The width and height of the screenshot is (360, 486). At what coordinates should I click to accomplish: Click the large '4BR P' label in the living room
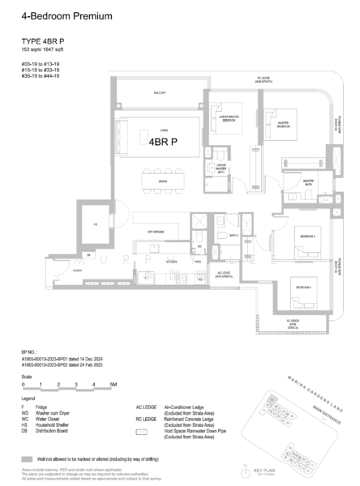tap(162, 140)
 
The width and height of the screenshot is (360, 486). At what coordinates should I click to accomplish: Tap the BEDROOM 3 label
tap(307, 236)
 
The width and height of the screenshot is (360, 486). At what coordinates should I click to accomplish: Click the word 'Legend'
tap(28, 399)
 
